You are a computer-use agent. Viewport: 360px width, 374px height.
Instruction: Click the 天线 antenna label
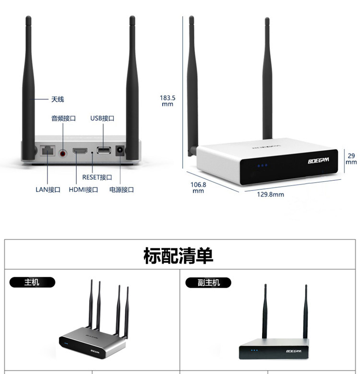pyautogui.click(x=58, y=99)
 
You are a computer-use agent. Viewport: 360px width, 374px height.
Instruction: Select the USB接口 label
pyautogui.click(x=102, y=118)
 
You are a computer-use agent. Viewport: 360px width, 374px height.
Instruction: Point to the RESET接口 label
pyautogui.click(x=97, y=177)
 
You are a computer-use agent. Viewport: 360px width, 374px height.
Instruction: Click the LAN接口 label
pyautogui.click(x=48, y=189)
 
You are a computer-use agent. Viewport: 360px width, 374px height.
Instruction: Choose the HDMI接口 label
pyautogui.click(x=84, y=189)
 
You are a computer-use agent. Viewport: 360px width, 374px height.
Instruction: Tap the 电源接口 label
pyautogui.click(x=121, y=189)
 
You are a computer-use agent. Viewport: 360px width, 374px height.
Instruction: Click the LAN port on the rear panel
pyautogui.click(x=48, y=151)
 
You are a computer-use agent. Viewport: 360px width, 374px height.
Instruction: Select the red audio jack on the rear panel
pyautogui.click(x=63, y=152)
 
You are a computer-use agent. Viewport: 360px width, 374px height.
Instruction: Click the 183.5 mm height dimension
pyautogui.click(x=168, y=101)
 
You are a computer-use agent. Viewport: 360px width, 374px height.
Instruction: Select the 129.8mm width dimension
pyautogui.click(x=270, y=194)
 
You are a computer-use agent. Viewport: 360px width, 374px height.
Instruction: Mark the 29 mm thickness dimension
pyautogui.click(x=351, y=159)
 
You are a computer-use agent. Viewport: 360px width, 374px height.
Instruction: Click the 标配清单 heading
pyautogui.click(x=179, y=256)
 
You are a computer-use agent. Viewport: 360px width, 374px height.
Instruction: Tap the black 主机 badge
pyautogui.click(x=32, y=282)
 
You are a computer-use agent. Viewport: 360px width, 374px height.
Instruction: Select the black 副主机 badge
pyautogui.click(x=208, y=282)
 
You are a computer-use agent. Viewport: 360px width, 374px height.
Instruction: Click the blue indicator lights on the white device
pyautogui.click(x=262, y=166)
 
